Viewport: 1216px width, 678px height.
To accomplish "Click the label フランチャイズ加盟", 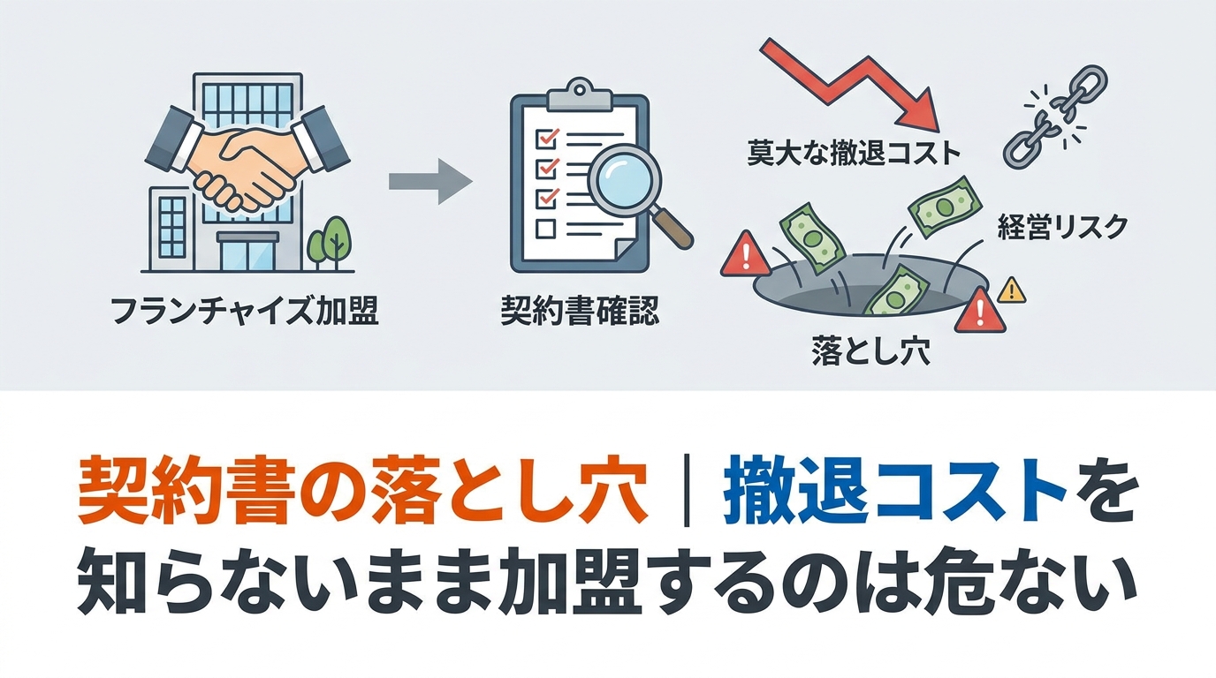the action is pyautogui.click(x=244, y=312).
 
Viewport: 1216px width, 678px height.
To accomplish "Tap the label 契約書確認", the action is pyautogui.click(x=580, y=311).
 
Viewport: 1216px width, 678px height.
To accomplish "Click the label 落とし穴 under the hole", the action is pyautogui.click(x=870, y=351).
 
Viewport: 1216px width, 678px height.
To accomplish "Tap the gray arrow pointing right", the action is pyautogui.click(x=430, y=182).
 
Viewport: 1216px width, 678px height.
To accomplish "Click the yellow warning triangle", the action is pyautogui.click(x=1012, y=290).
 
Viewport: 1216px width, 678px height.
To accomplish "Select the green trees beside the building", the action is pyautogui.click(x=330, y=244).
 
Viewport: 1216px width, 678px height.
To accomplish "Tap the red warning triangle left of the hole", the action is pyautogui.click(x=745, y=254).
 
